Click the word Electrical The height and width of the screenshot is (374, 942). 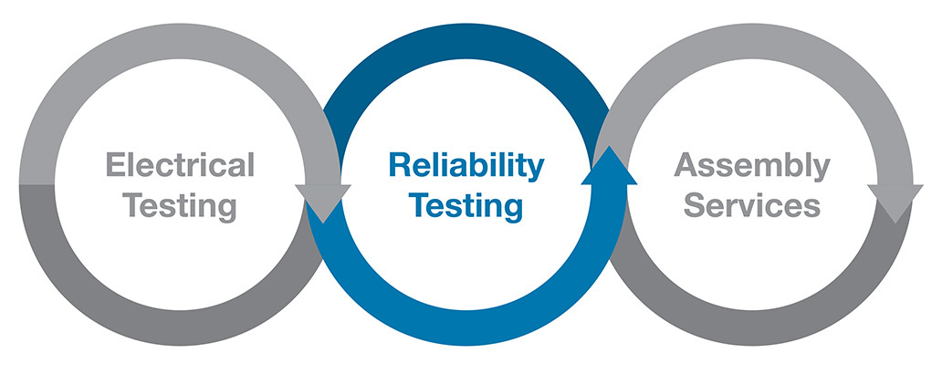(180, 166)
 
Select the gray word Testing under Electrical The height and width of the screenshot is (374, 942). (180, 205)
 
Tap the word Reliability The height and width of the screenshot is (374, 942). (466, 166)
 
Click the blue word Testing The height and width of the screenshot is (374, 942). (466, 205)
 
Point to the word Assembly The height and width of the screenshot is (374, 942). (752, 166)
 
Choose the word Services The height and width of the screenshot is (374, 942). (752, 205)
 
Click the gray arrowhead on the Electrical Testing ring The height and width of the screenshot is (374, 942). (322, 201)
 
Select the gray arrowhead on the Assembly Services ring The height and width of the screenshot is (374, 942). (895, 201)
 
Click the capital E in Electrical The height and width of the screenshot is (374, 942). (114, 166)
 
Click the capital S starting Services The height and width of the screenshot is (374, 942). (695, 205)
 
